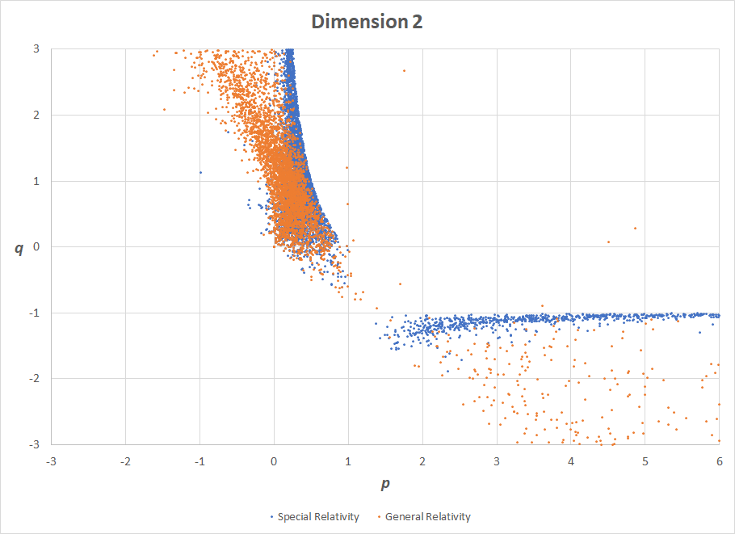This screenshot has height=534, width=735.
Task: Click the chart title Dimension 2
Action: (x=367, y=22)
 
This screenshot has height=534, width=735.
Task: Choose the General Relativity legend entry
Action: (x=427, y=516)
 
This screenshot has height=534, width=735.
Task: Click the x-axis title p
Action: (x=384, y=484)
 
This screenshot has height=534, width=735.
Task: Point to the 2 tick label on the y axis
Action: (x=37, y=115)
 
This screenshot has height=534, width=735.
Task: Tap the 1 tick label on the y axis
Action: (x=37, y=181)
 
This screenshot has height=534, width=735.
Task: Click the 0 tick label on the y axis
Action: (x=37, y=246)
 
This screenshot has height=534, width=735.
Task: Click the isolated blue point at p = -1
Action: (x=200, y=172)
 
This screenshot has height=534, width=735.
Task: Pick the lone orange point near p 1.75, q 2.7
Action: (x=404, y=70)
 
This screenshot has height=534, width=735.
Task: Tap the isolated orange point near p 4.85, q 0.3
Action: (x=635, y=228)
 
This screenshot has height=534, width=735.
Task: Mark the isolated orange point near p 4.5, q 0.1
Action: (x=608, y=242)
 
